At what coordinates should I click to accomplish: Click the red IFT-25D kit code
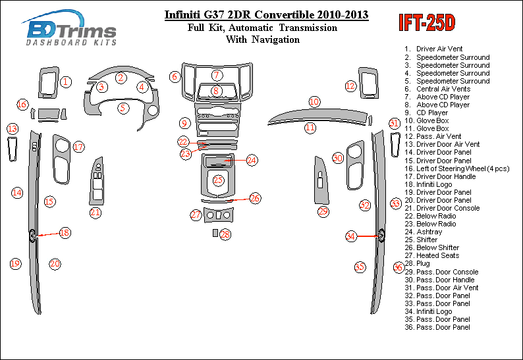point(427,22)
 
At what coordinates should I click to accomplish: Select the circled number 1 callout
point(67,82)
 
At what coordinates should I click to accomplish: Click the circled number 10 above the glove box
point(315,101)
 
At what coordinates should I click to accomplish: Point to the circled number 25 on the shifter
point(218,180)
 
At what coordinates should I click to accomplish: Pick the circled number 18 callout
point(65,232)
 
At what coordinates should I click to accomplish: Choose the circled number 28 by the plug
point(225,234)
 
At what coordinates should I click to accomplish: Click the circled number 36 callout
point(398,267)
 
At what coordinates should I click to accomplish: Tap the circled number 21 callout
point(96,212)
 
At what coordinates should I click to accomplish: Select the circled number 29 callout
point(323,211)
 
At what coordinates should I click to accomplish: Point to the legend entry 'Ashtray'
point(429,232)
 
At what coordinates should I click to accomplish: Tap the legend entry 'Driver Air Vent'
point(439,49)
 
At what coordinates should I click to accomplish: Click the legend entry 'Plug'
point(423,263)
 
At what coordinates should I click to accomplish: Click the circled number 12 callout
point(350,86)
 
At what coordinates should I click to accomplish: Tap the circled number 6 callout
point(175,77)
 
